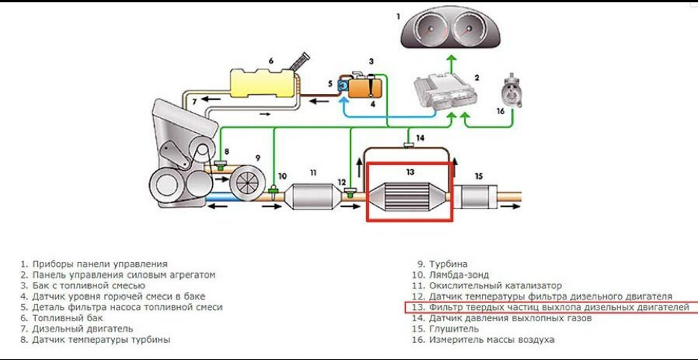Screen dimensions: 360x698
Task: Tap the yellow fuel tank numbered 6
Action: (x=262, y=81)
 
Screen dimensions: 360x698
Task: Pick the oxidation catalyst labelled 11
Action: (x=312, y=197)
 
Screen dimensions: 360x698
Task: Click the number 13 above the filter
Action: (x=410, y=171)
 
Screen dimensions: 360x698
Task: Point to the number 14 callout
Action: (x=421, y=137)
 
